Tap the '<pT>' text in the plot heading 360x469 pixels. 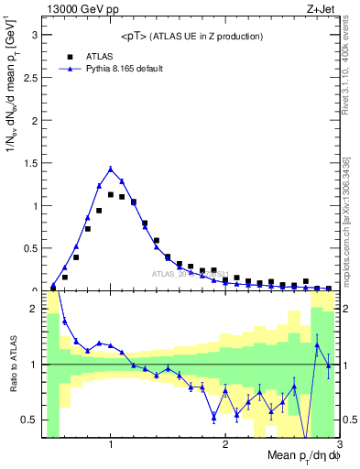pyautogui.click(x=133, y=36)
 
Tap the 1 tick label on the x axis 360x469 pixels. pyautogui.click(x=111, y=445)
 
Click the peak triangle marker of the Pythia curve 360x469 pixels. pyautogui.click(x=111, y=169)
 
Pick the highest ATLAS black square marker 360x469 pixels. pyautogui.click(x=111, y=194)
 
